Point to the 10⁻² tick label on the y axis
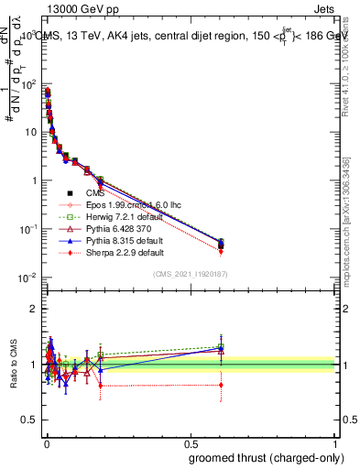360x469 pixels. click(27, 278)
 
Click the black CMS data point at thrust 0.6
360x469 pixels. click(221, 245)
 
